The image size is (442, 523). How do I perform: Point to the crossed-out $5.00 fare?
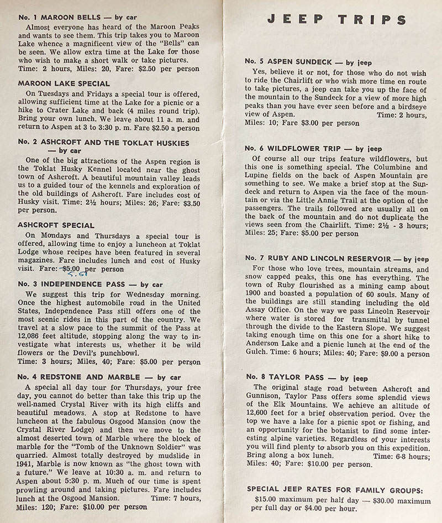[70, 270]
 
